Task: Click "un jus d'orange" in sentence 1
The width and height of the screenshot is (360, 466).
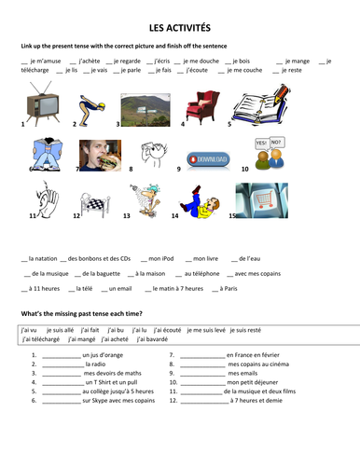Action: click(104, 355)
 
